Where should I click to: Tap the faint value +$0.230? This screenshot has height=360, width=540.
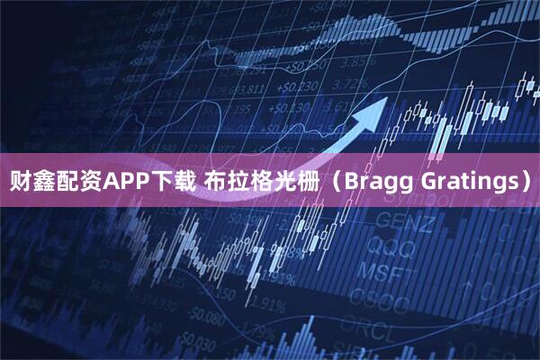298,87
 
